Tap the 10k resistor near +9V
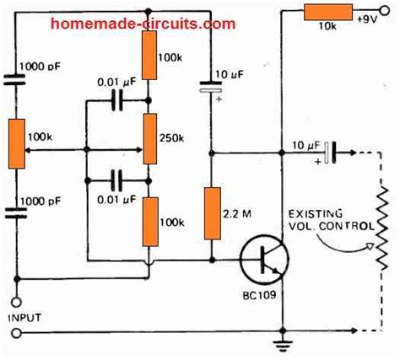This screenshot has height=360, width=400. (328, 12)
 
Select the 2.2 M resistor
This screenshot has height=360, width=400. (213, 213)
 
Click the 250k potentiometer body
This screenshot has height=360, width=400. (149, 138)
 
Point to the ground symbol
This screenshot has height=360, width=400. (284, 346)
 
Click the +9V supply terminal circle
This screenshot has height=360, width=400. (385, 11)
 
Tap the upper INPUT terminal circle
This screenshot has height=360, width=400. (16, 303)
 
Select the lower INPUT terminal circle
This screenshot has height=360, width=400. (16, 333)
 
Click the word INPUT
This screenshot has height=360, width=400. (24, 318)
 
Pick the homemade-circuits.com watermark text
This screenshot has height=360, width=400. (143, 24)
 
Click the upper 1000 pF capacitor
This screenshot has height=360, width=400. (14, 79)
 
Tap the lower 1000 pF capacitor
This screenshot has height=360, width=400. (16, 212)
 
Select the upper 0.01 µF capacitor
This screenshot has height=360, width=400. (117, 100)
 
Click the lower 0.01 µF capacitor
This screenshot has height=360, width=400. (116, 180)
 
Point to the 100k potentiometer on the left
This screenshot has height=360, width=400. (17, 143)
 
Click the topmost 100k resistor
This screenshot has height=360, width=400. (149, 55)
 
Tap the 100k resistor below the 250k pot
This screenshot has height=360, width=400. (150, 222)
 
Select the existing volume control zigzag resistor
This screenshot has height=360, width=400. (381, 228)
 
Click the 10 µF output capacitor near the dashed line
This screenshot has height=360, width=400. (330, 153)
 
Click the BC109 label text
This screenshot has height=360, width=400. (259, 295)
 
